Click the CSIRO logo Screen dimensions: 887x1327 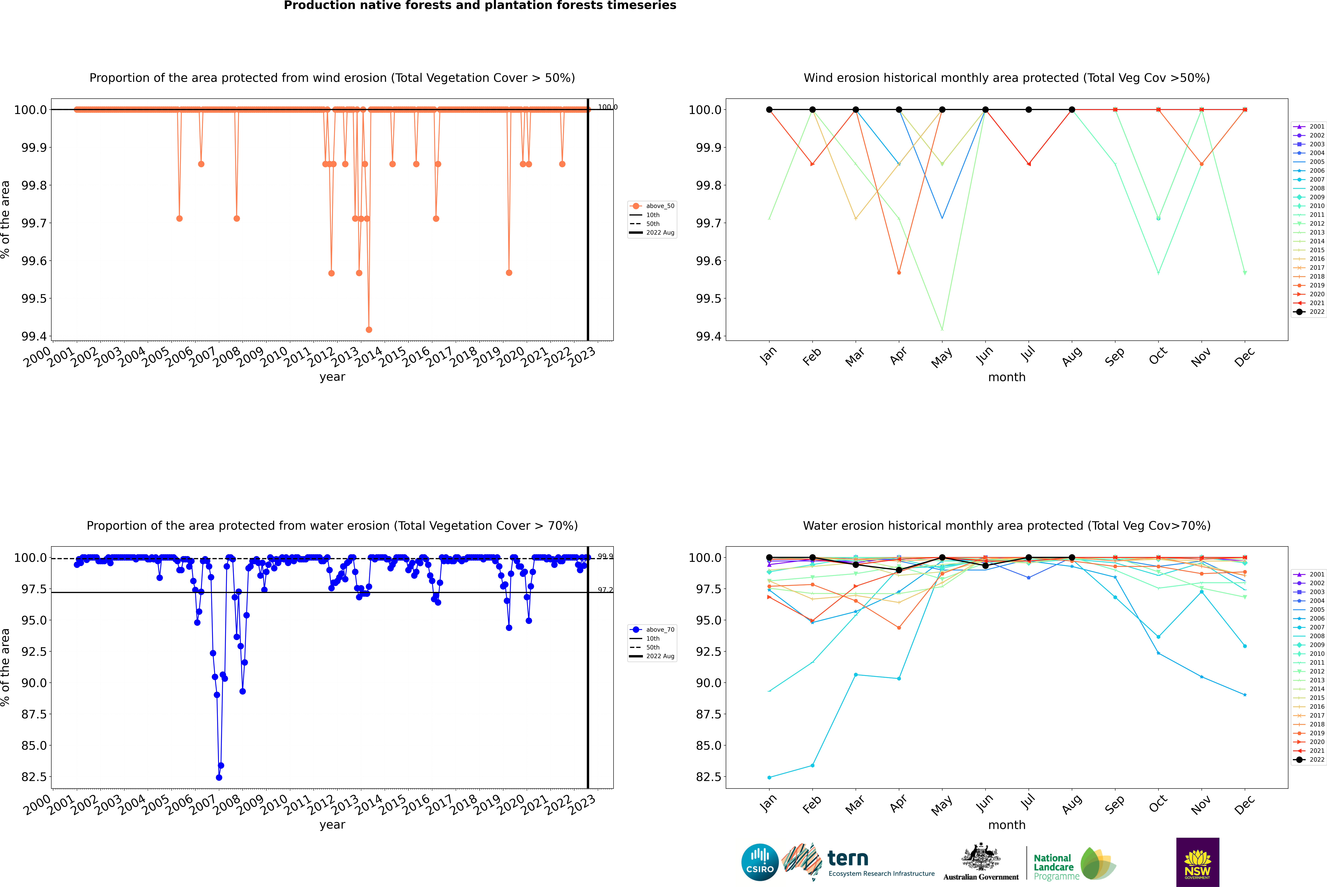(x=760, y=862)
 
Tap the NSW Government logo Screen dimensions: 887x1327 (x=1197, y=862)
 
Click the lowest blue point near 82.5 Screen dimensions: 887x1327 (x=219, y=777)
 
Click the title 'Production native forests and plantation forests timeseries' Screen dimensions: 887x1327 (x=480, y=6)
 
